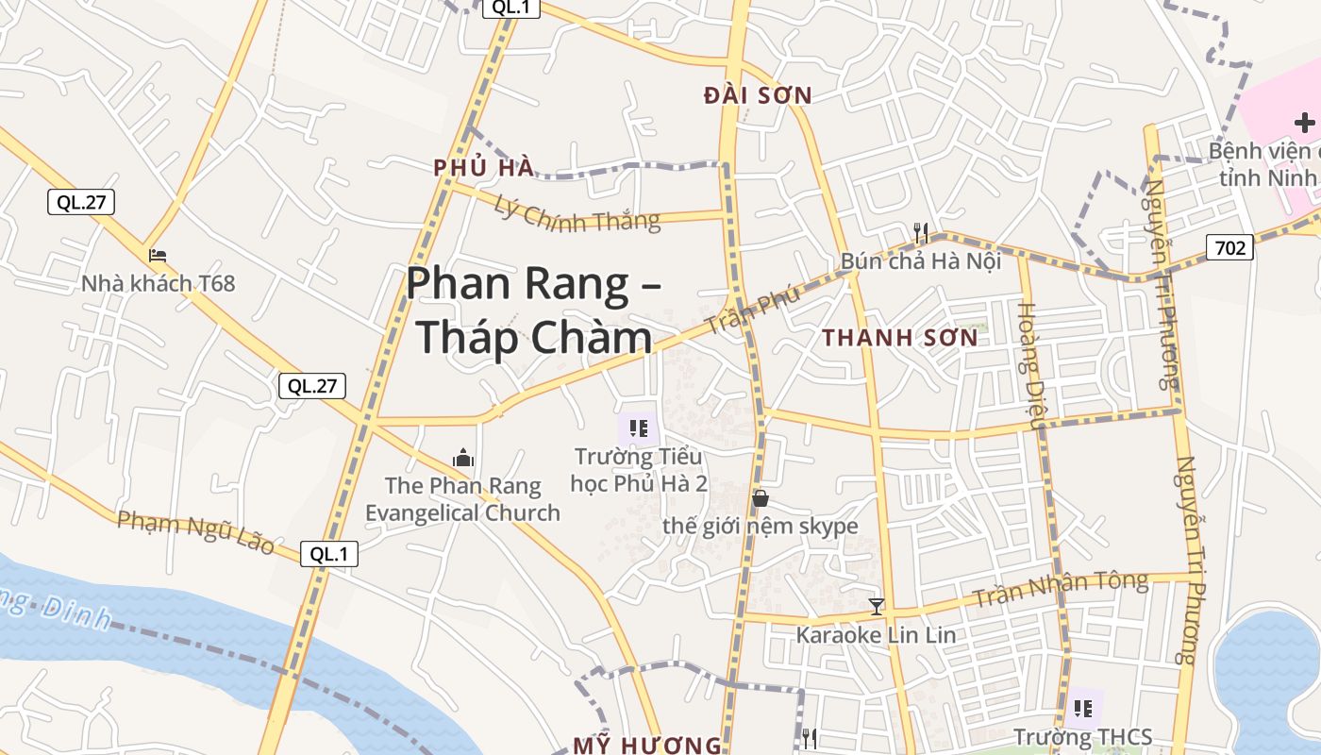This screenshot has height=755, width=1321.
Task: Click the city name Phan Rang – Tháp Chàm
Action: click(x=533, y=310)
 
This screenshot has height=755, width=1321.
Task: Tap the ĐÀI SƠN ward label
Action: click(x=758, y=95)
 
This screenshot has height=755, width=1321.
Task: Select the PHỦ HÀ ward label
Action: click(x=483, y=168)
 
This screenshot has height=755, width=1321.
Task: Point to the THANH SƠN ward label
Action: click(x=899, y=338)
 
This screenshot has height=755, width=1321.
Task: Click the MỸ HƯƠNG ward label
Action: click(x=647, y=745)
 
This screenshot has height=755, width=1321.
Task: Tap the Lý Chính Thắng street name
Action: click(x=577, y=216)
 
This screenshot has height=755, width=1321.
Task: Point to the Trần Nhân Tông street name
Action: click(x=1061, y=589)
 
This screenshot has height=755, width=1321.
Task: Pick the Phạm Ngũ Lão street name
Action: click(x=196, y=531)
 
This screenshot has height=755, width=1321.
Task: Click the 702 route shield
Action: click(x=1229, y=248)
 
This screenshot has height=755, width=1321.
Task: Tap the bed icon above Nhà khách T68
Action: click(x=158, y=256)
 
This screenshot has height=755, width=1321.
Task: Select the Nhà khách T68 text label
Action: click(x=158, y=283)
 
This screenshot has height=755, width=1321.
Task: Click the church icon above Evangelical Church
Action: click(x=463, y=459)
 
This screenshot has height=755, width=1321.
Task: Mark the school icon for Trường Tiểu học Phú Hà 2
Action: click(x=639, y=429)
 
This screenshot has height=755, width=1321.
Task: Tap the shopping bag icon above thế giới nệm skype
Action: click(x=760, y=498)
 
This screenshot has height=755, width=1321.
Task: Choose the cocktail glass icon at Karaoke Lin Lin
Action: click(x=877, y=607)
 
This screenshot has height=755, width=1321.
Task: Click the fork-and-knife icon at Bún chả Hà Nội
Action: click(x=921, y=233)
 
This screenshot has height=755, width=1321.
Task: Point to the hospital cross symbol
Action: click(x=1305, y=123)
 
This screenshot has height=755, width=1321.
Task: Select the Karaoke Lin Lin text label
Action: click(x=876, y=635)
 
